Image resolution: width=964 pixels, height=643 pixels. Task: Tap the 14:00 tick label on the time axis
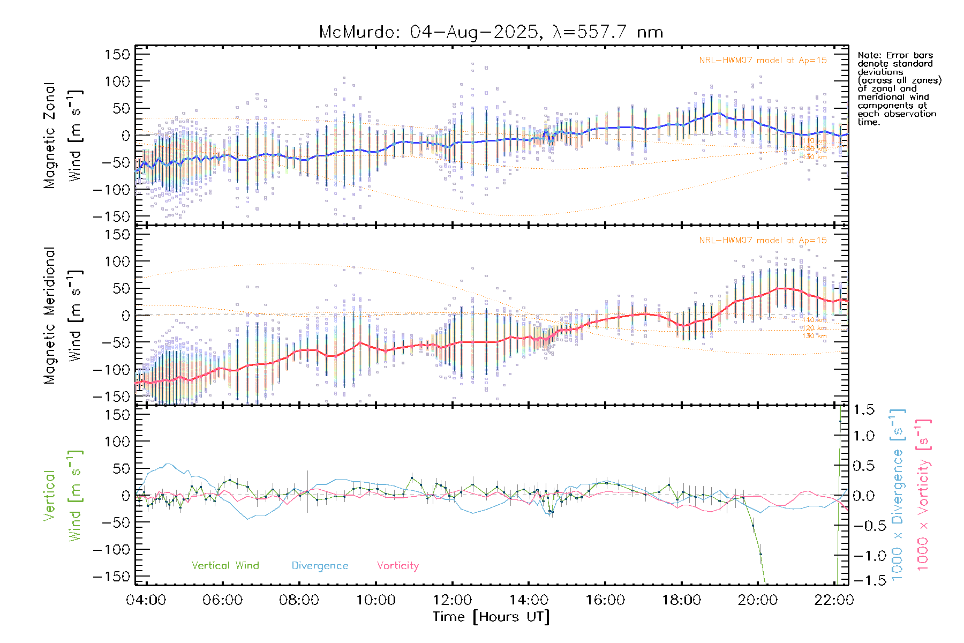(x=529, y=600)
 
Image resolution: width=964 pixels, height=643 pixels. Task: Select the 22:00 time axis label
(x=833, y=600)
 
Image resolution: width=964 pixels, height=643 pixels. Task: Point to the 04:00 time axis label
(x=146, y=600)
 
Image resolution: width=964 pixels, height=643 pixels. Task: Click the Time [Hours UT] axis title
(x=491, y=617)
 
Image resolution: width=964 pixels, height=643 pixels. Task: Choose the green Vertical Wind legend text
(x=225, y=566)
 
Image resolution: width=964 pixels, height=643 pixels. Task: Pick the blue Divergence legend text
(x=320, y=566)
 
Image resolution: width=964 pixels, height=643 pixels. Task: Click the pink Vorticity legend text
(x=397, y=566)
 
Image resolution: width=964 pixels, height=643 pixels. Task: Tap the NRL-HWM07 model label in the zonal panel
(x=763, y=61)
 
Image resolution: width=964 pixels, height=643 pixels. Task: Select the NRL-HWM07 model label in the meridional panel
(x=763, y=241)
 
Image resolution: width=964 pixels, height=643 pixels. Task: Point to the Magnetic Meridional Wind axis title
(x=63, y=316)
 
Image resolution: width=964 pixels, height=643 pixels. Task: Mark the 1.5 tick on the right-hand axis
(x=863, y=410)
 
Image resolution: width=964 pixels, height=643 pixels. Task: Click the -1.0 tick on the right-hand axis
(x=863, y=556)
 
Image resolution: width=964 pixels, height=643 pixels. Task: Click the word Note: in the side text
(x=869, y=55)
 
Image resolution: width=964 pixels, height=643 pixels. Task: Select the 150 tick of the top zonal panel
(x=117, y=55)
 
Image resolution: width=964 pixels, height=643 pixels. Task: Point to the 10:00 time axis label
(x=376, y=600)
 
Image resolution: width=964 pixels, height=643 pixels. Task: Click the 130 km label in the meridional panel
(x=814, y=336)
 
